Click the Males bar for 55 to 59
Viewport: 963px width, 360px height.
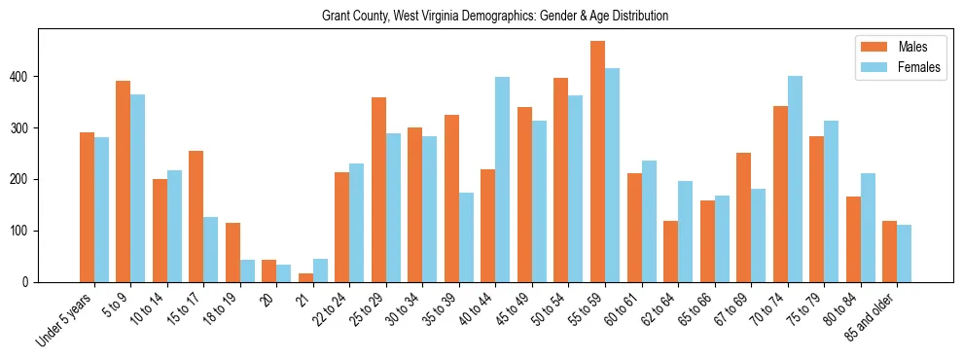[597, 162]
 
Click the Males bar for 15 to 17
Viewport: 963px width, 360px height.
[196, 217]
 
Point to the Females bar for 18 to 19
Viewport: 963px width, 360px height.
[247, 271]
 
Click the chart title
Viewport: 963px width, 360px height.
[495, 17]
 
